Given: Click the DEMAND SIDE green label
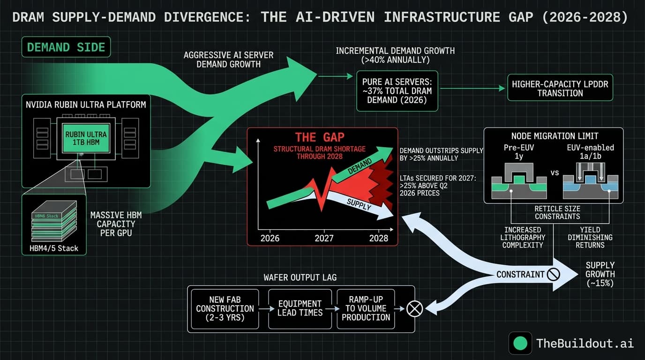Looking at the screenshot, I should [x=66, y=47].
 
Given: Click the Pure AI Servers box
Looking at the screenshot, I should [x=397, y=90].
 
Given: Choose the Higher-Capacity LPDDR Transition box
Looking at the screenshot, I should [x=560, y=89].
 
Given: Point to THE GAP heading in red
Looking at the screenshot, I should [x=320, y=137].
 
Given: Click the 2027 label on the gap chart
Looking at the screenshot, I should [x=324, y=238].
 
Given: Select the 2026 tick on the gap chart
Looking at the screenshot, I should [x=270, y=238].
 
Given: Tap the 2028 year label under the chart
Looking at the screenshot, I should [x=378, y=238].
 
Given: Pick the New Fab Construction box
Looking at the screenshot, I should [x=225, y=308].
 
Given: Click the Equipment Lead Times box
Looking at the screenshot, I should [x=300, y=308].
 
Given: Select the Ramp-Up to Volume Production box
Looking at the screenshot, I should [x=366, y=308].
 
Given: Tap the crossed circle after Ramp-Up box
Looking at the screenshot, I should [x=415, y=308].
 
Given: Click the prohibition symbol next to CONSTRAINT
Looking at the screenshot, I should [x=554, y=274].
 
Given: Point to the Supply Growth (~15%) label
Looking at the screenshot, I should [x=600, y=274].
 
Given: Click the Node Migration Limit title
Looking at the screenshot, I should [x=555, y=136].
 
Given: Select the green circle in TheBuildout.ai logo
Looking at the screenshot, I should [x=520, y=343].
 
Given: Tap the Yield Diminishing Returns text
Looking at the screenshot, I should [x=589, y=237].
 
